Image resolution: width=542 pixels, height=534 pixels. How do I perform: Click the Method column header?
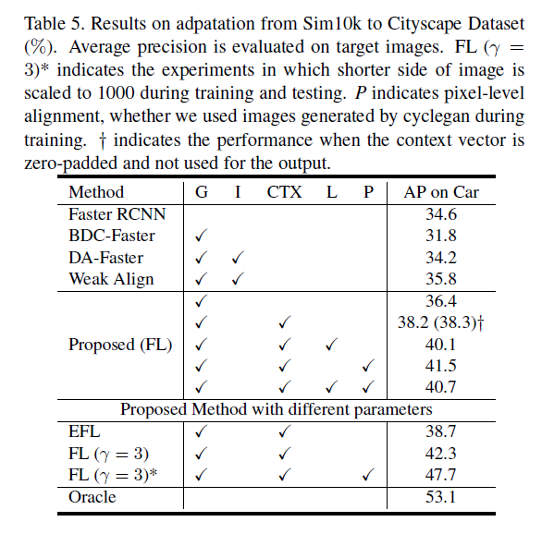point(96,192)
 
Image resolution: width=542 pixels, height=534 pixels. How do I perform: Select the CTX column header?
point(284,192)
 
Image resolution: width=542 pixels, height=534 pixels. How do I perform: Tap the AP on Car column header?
point(441,192)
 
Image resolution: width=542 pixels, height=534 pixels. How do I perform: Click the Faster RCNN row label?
point(117,214)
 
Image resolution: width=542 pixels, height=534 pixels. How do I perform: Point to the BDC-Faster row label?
point(112,236)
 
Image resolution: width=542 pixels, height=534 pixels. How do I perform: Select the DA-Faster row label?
point(106,258)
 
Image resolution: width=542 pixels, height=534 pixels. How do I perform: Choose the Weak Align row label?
point(111,279)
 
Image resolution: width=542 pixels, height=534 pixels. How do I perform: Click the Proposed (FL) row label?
point(120,345)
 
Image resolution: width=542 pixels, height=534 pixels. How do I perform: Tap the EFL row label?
point(86,431)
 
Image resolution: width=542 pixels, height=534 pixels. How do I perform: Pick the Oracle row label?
point(92,497)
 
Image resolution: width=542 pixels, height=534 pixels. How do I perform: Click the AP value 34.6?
point(441,214)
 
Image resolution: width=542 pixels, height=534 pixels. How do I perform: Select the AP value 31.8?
point(441,236)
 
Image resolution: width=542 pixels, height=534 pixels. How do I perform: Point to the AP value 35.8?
point(441,279)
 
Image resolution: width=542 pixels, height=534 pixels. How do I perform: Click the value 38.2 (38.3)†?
point(441,322)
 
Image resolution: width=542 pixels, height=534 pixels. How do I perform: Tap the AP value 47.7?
point(441,475)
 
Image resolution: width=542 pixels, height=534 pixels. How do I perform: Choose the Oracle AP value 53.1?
point(441,497)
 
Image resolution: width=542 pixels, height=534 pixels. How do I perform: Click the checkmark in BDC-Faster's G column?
point(202,236)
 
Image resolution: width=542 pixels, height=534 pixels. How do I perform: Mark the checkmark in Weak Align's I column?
point(238,279)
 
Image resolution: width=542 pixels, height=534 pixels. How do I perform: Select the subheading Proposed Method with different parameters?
point(277,409)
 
